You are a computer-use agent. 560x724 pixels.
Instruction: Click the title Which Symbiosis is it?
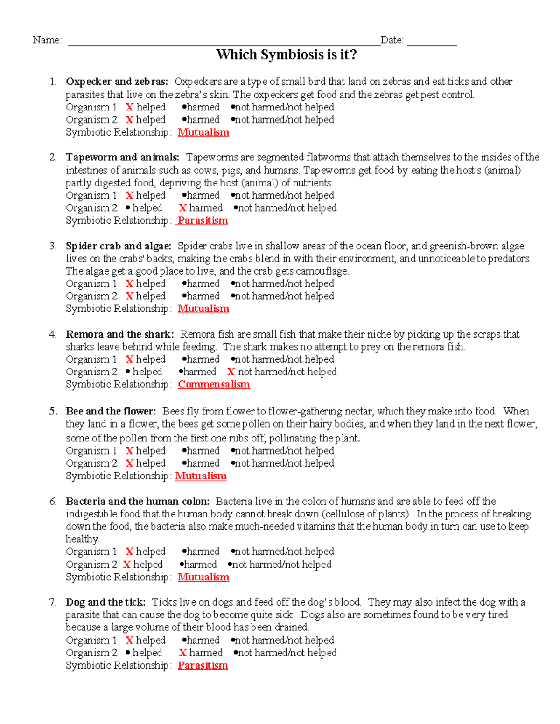pos(286,55)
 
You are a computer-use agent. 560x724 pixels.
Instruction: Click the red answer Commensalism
pos(214,385)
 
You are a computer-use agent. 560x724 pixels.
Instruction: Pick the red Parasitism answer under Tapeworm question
pos(203,221)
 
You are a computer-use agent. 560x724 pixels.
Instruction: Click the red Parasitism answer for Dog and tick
pos(203,666)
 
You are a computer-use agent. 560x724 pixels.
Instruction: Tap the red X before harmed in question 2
pos(183,208)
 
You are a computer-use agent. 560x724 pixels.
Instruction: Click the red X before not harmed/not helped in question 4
pos(231,372)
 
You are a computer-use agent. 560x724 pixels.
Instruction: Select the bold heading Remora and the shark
pos(119,334)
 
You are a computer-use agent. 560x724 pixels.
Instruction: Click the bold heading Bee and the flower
pos(111,411)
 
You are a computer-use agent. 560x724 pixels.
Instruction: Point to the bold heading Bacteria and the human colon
pos(138,502)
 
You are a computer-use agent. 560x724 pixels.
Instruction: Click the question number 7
pos(52,602)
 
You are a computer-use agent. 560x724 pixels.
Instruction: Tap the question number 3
pos(52,246)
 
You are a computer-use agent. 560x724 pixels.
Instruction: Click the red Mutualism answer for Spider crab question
pos(203,309)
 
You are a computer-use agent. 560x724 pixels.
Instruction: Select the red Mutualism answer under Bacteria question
pos(203,577)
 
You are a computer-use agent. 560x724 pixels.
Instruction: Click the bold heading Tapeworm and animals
pos(122,158)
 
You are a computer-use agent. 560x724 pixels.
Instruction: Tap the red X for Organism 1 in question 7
pos(130,641)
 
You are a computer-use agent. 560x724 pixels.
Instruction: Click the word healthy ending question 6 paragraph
pos(82,539)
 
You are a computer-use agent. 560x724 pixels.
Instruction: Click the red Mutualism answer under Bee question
pos(201,476)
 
